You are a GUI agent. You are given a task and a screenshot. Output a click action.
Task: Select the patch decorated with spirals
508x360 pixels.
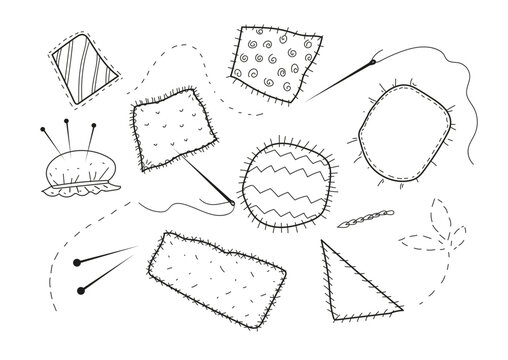(271, 63)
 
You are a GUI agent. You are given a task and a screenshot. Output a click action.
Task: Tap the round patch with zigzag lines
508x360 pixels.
(285, 182)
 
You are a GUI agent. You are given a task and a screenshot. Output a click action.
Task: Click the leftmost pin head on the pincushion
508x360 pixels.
(44, 130)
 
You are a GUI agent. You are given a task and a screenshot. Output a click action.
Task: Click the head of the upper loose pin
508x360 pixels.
(76, 262)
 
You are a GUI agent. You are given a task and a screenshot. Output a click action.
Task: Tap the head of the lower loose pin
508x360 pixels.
(78, 292)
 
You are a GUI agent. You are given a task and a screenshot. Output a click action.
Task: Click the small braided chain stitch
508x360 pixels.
(357, 221)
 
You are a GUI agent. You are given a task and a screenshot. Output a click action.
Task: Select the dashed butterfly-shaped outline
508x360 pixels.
(433, 235)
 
